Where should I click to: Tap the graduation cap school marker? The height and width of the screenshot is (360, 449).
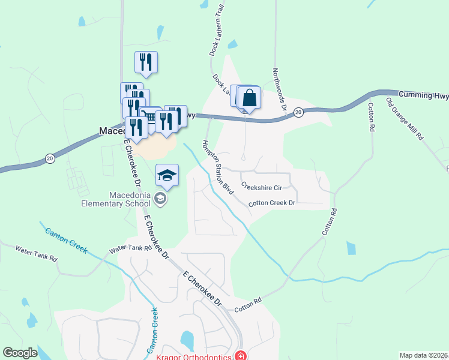pyautogui.click(x=167, y=175)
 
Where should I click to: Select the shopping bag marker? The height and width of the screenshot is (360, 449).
pyautogui.click(x=250, y=98)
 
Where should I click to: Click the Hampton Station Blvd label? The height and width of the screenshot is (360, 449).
pyautogui.click(x=217, y=167)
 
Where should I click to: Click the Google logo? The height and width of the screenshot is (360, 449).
pyautogui.click(x=20, y=353)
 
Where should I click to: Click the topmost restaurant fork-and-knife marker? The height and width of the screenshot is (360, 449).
pyautogui.click(x=146, y=61)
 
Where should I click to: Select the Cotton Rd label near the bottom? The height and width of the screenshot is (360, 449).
pyautogui.click(x=248, y=304)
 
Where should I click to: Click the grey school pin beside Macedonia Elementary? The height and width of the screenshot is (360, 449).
pyautogui.click(x=160, y=199)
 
